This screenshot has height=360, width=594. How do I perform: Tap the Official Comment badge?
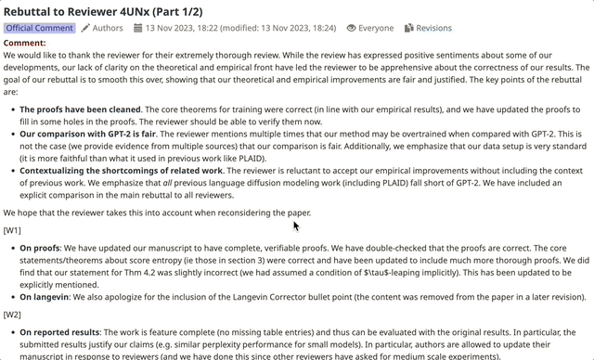pyautogui.click(x=39, y=28)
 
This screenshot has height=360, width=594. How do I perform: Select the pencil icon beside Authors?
pyautogui.click(x=85, y=28)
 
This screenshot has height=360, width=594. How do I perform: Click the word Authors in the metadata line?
pyautogui.click(x=108, y=28)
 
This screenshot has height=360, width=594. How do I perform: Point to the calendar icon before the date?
pyautogui.click(x=136, y=28)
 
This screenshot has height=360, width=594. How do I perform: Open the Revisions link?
pyautogui.click(x=433, y=28)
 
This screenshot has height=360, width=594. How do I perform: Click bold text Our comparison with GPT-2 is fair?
pyautogui.click(x=84, y=134)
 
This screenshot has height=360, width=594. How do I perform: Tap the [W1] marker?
pyautogui.click(x=13, y=229)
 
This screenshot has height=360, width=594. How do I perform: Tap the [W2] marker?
pyautogui.click(x=13, y=314)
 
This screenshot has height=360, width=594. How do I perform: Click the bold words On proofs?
pyautogui.click(x=40, y=248)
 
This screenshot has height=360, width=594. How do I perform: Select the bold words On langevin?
pyautogui.click(x=45, y=296)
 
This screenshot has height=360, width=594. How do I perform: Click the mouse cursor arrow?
pyautogui.click(x=296, y=225)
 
